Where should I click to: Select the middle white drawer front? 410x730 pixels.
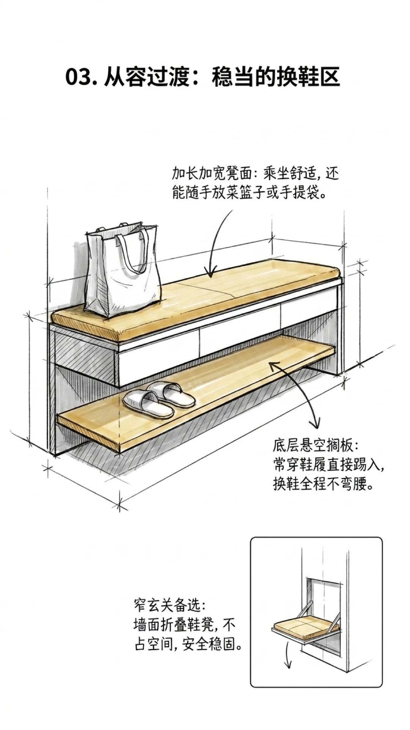(239, 335)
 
